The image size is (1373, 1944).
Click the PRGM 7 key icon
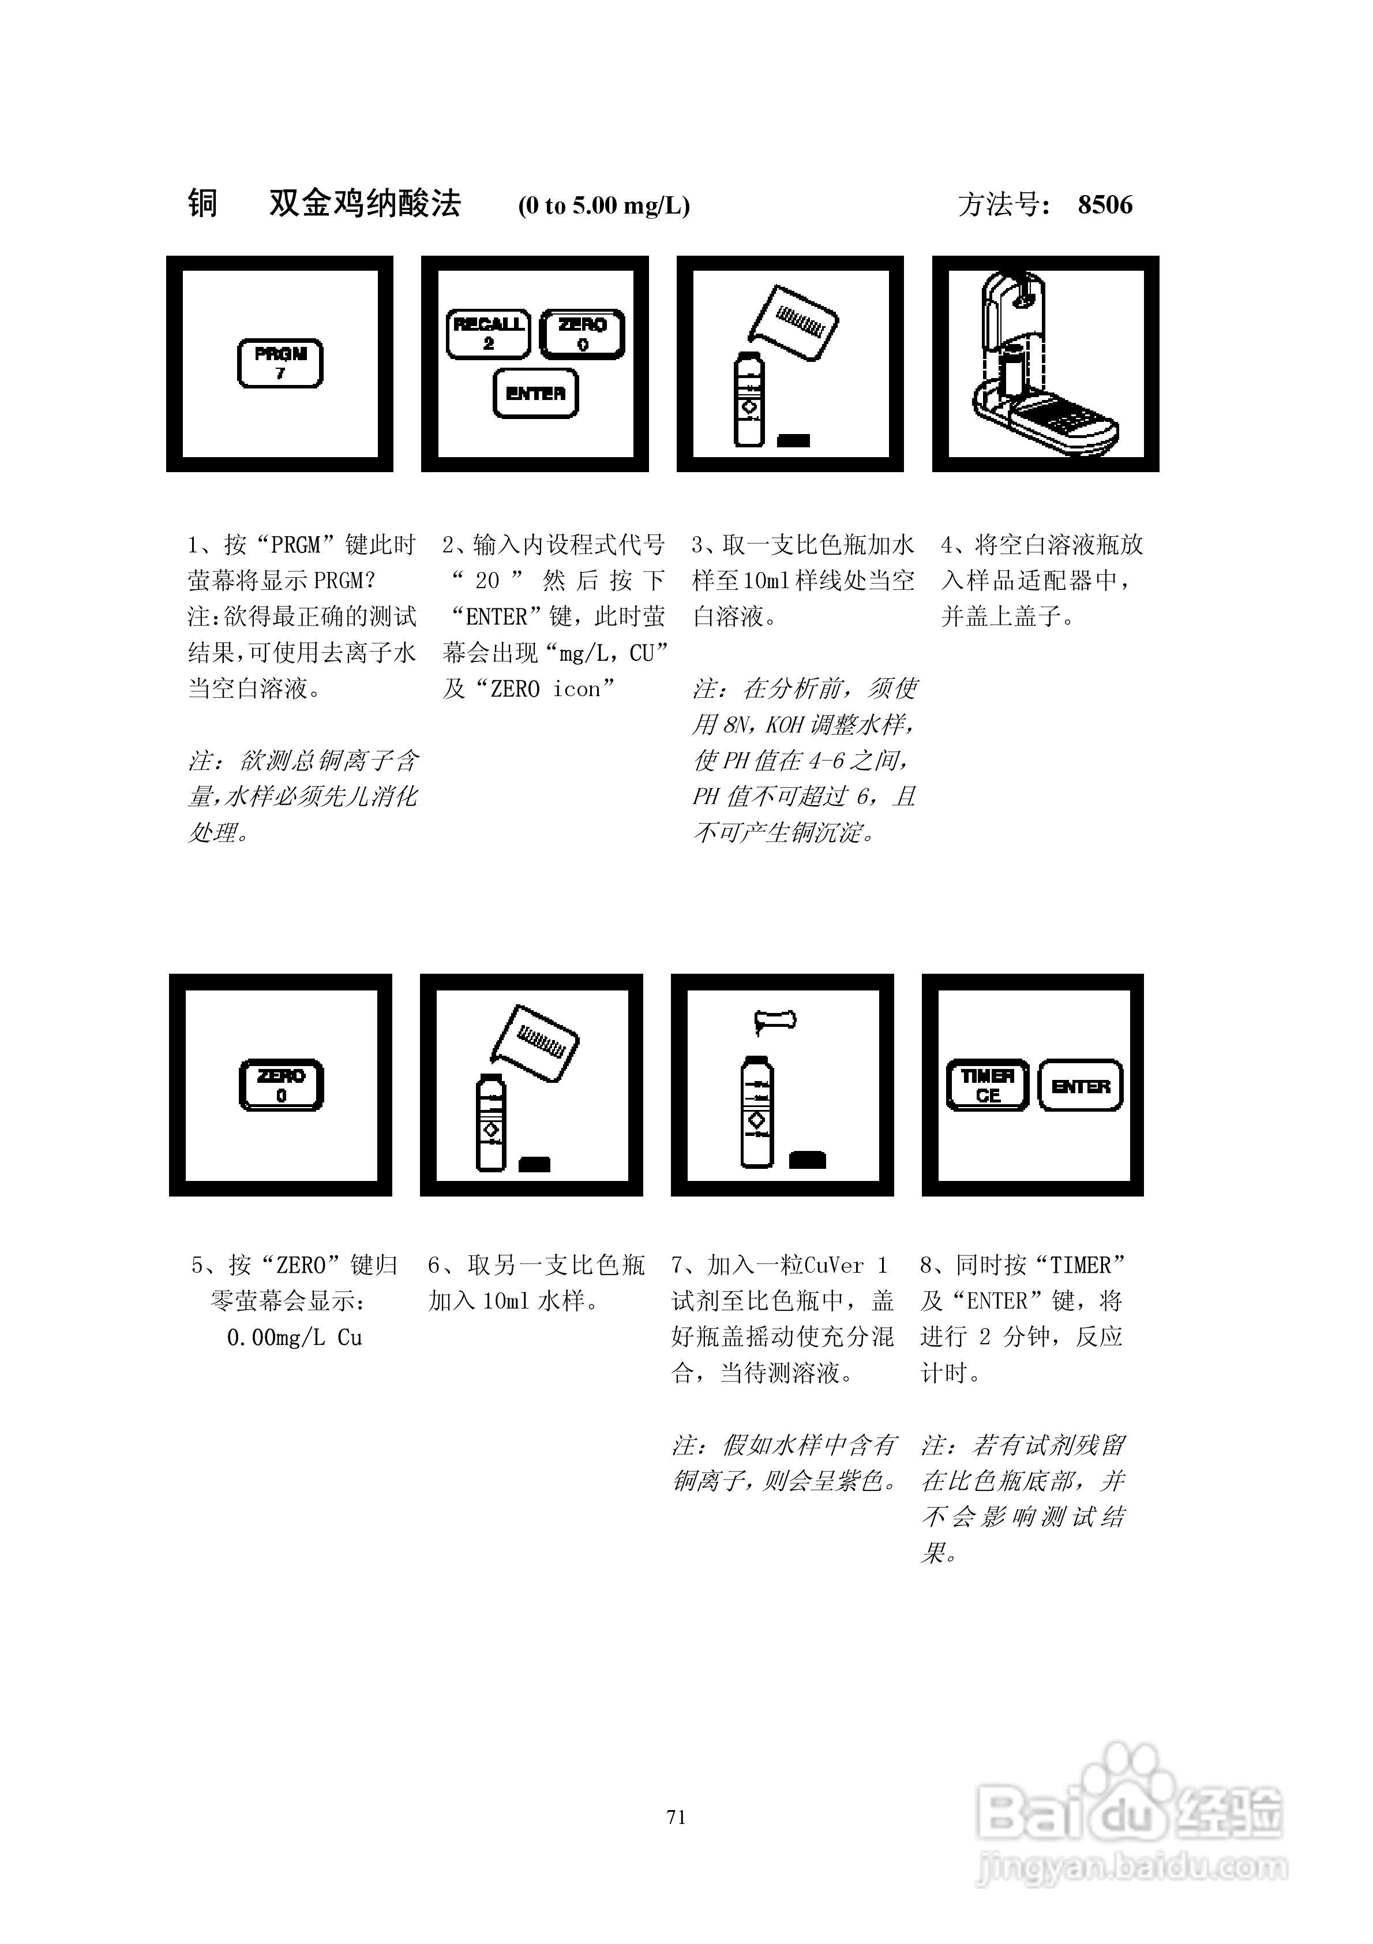click(280, 363)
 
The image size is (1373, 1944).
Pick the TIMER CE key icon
click(987, 1086)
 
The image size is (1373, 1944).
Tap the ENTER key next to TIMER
click(1080, 1086)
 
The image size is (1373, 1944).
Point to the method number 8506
click(1105, 205)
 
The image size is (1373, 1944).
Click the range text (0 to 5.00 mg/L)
click(603, 205)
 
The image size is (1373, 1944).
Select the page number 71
click(676, 1817)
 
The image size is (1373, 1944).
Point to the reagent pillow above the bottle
click(775, 1021)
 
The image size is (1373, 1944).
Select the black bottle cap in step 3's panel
click(793, 440)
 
